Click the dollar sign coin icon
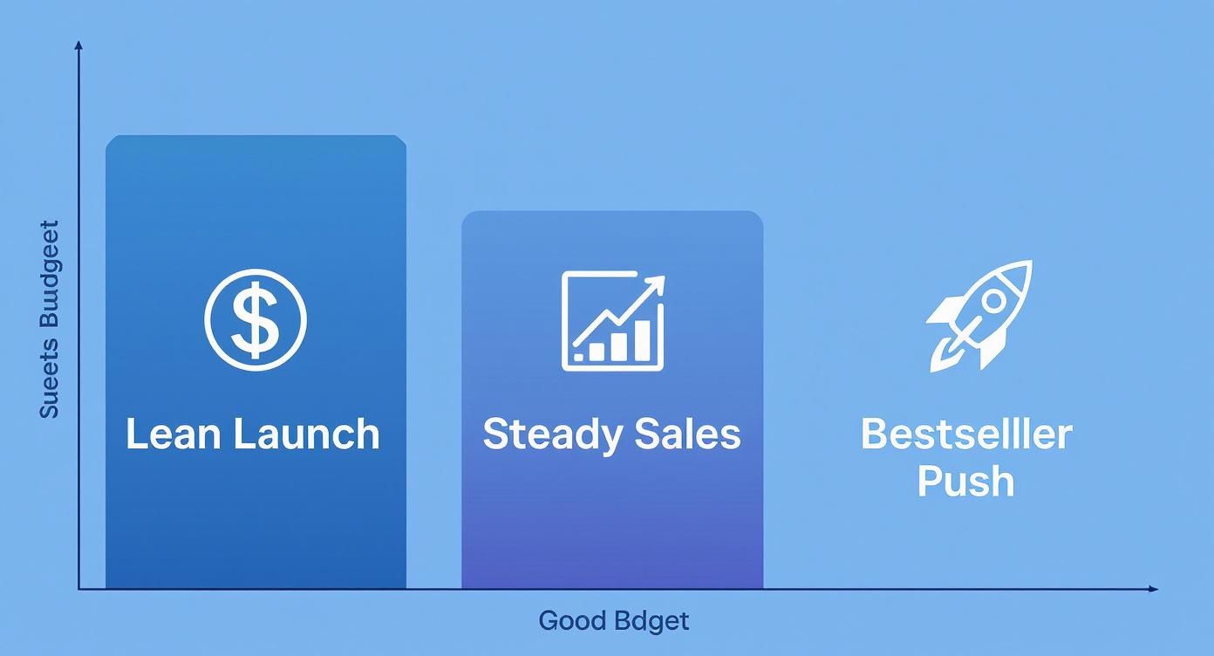256,320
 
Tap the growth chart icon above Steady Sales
613,320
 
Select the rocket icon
979,316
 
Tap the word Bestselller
966,434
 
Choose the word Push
966,482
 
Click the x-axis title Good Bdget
613,621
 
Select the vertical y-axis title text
50,319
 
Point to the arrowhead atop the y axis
79,44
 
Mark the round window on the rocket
993,302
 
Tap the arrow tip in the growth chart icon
658,282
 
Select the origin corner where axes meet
79,589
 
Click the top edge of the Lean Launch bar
256,137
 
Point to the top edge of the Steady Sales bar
612,212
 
